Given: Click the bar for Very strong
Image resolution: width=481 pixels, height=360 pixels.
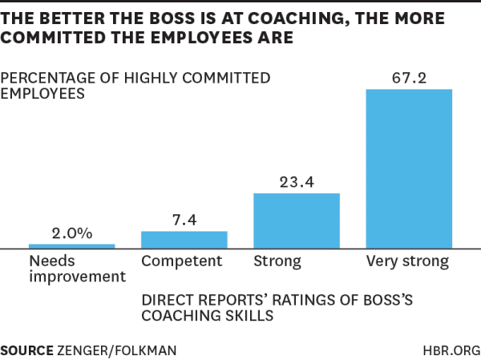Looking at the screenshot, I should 409,168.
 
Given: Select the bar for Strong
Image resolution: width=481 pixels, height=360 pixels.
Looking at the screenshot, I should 297,220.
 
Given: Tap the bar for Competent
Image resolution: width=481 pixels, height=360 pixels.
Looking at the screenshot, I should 184,240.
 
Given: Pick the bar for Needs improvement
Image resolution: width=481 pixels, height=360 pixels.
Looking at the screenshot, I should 72,245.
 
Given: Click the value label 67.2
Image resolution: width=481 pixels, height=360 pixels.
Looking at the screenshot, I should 409,77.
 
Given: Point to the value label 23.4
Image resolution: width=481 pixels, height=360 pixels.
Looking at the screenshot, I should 297,182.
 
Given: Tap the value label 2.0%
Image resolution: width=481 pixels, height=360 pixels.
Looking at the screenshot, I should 72,233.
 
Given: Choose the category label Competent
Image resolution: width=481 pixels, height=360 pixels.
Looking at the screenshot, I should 181,261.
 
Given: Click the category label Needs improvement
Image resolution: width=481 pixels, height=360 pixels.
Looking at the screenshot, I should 77,269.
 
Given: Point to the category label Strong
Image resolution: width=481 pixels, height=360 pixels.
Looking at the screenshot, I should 277,261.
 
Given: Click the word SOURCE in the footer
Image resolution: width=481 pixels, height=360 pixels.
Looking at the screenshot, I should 26,350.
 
